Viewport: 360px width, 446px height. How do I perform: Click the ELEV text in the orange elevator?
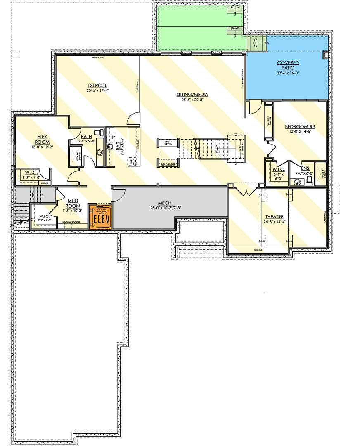[101, 219]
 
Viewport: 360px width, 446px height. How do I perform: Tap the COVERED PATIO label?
[288, 65]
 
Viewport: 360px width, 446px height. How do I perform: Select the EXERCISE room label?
[97, 85]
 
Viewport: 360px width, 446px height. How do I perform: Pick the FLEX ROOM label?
[44, 139]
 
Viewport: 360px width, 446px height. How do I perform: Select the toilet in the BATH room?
[98, 133]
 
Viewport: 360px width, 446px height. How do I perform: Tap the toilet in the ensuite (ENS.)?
[309, 180]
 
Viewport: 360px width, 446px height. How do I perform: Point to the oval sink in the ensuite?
[296, 181]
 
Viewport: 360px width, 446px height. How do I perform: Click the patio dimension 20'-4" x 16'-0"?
[288, 74]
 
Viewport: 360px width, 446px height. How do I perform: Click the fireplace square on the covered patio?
[326, 55]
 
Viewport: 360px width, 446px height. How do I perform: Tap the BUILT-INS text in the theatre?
[260, 250]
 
